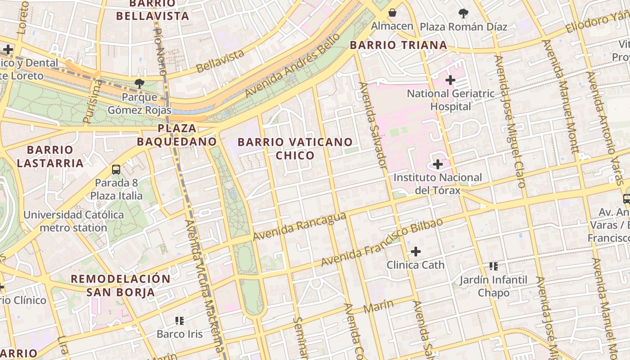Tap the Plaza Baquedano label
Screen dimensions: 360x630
point(177,135)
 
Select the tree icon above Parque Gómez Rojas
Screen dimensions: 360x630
point(139,83)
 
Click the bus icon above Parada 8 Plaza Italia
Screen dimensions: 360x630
point(116,170)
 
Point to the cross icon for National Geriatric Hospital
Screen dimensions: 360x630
point(450,81)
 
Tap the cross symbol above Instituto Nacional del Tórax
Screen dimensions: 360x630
point(437,164)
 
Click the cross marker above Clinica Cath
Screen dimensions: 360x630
point(416,251)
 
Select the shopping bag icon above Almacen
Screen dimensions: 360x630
point(392,13)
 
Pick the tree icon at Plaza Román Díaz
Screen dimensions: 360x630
point(463,13)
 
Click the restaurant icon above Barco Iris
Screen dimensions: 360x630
point(180,321)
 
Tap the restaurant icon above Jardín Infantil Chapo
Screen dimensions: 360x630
point(494,266)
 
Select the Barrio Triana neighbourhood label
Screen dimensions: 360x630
point(398,45)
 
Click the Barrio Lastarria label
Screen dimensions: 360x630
point(50,156)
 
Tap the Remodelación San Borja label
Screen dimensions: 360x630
point(121,285)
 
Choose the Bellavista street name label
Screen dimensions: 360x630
point(220,61)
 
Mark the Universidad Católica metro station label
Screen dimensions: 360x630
point(73,221)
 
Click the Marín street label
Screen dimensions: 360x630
point(378,307)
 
